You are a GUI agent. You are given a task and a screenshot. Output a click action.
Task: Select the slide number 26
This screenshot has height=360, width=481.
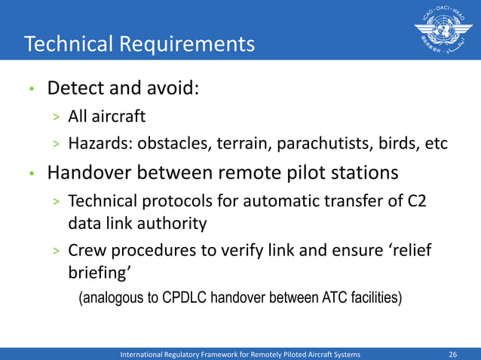tap(453, 353)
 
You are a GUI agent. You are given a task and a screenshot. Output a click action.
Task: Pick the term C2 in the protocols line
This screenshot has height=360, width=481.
tap(418, 202)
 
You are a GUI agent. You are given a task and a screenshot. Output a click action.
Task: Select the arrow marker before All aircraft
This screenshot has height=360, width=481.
tap(56, 118)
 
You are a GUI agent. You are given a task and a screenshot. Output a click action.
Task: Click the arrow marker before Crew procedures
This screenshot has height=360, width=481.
tap(56, 252)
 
